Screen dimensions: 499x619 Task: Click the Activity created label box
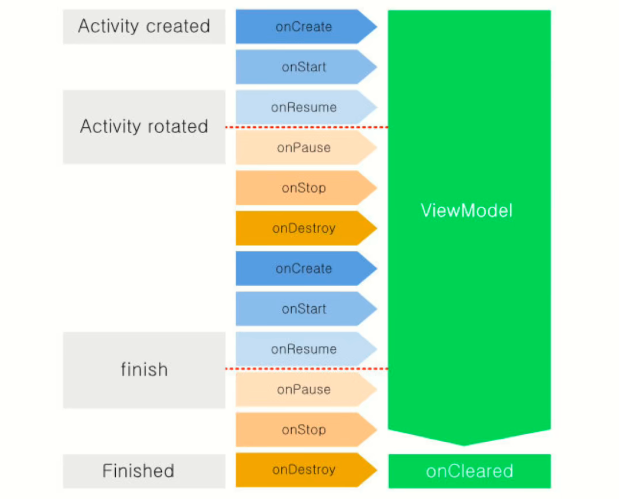(144, 26)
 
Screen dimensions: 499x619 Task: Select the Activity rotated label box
(144, 126)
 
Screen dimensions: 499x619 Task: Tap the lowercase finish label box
(144, 370)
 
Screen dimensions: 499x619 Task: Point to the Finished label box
(138, 471)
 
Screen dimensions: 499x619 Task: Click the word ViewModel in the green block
(467, 210)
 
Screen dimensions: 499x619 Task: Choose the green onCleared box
(469, 471)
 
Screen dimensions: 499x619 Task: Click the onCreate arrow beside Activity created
(304, 27)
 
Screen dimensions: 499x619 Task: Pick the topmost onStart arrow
(304, 67)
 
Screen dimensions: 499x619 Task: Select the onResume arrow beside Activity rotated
(304, 107)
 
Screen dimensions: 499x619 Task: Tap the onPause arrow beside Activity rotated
(304, 147)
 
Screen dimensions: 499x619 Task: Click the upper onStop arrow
(304, 188)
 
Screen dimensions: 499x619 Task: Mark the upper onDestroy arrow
(304, 228)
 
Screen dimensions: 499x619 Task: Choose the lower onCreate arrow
(304, 268)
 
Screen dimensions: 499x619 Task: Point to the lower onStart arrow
(304, 309)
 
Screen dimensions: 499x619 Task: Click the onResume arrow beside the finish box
(304, 349)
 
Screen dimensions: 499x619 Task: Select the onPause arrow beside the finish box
(304, 389)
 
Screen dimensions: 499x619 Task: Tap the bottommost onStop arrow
(304, 430)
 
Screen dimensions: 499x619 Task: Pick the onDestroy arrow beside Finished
(304, 470)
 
